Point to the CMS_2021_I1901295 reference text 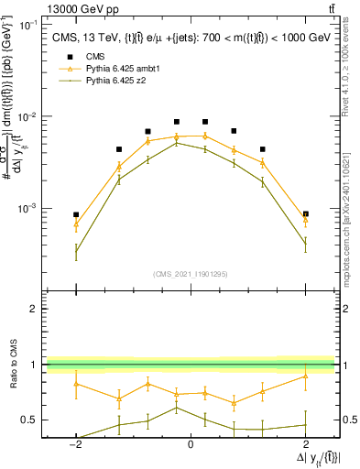point(190,274)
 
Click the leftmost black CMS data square point(76,214)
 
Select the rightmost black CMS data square point(305,213)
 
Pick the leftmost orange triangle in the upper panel point(76,224)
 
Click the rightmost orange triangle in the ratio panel point(305,376)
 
